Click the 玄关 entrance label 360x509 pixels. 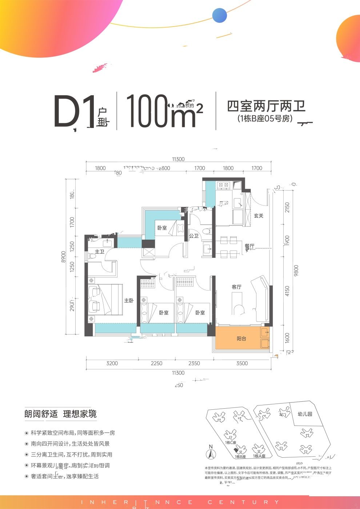point(258,216)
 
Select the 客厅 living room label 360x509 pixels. point(237,287)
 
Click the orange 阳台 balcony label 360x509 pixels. point(241,338)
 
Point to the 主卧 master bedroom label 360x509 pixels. point(129,301)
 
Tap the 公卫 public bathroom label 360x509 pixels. point(193,236)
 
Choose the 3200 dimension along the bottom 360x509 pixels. point(112,363)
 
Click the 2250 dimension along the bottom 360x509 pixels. point(156,363)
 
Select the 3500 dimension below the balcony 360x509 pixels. point(242,363)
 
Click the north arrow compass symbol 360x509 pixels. point(210,453)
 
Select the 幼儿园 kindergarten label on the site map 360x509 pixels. point(305,414)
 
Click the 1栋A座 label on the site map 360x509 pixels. point(259,456)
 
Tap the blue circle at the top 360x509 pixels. point(220,16)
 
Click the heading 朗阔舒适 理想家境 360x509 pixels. point(60,414)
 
